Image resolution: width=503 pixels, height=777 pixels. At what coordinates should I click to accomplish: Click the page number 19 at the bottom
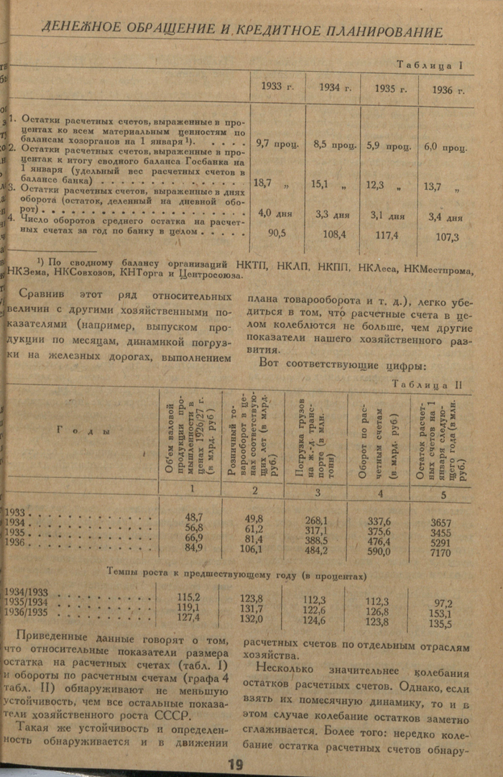coord(235,764)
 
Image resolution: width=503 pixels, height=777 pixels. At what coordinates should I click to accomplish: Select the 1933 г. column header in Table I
coord(275,88)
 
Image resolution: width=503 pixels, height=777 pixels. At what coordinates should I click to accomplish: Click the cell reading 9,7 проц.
coord(277,144)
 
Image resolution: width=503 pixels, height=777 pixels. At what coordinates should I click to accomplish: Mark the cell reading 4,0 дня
coord(274,213)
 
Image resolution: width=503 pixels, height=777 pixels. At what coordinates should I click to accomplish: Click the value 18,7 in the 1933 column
coord(263,183)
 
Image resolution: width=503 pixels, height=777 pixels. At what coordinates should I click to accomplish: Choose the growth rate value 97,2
coord(442,602)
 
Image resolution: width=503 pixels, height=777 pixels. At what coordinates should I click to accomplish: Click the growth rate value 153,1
coord(442,613)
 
